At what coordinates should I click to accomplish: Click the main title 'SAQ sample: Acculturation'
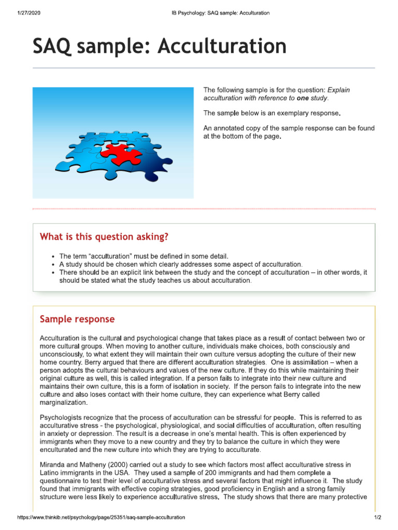[x=159, y=47]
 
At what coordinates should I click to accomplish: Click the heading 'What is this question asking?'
[x=104, y=237]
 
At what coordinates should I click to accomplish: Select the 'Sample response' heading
[x=77, y=319]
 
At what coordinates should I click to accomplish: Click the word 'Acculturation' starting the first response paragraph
[x=63, y=338]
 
